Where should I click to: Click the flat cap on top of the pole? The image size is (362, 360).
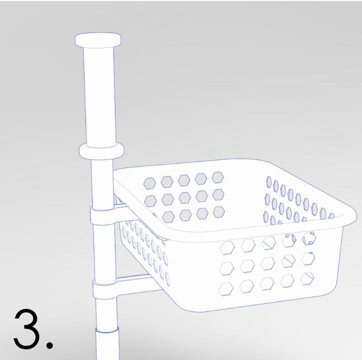pos(98,39)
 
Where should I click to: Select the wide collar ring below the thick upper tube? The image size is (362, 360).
pos(101,151)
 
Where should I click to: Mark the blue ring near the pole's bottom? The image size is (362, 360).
pos(107,331)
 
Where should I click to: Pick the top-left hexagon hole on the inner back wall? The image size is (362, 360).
pos(150,183)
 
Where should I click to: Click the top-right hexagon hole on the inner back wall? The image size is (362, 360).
pos(218,177)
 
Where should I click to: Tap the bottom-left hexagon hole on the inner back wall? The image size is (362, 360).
pos(168,216)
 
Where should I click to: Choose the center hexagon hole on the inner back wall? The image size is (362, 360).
pos(184,197)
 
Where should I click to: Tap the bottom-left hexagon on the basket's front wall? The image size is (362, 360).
pos(226,289)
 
